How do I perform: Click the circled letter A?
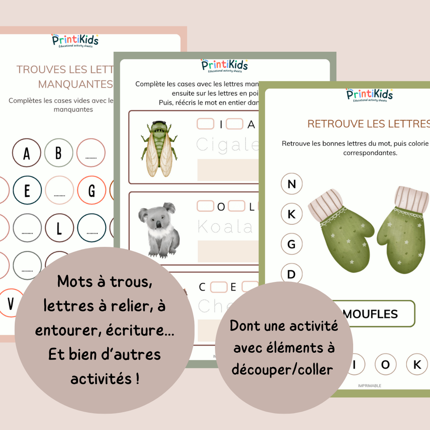pyautogui.click(x=27, y=153)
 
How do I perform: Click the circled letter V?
pyautogui.click(x=10, y=303)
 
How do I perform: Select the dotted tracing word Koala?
pyautogui.click(x=225, y=227)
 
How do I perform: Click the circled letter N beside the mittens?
pyautogui.click(x=291, y=184)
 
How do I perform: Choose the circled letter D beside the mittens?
pyautogui.click(x=291, y=274)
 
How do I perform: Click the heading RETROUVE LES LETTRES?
pyautogui.click(x=368, y=124)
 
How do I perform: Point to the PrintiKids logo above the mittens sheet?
pyautogui.click(x=369, y=95)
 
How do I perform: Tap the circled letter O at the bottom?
pyautogui.click(x=385, y=365)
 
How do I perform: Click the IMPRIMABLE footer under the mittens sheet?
pyautogui.click(x=369, y=385)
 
